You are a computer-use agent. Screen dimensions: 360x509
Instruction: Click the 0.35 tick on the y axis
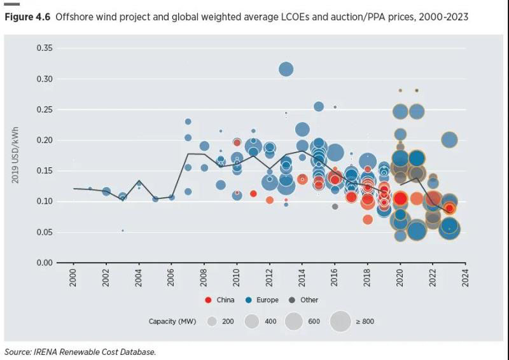pyautogui.click(x=43, y=48)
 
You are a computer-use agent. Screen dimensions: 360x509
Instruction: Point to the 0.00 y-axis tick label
pyautogui.click(x=43, y=263)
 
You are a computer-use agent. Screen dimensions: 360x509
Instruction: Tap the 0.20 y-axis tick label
pyautogui.click(x=43, y=140)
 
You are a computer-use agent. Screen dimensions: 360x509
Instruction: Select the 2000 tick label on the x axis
pyautogui.click(x=73, y=278)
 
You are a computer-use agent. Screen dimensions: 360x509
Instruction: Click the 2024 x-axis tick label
pyautogui.click(x=465, y=278)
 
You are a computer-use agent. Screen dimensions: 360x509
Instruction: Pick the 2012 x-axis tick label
pyautogui.click(x=269, y=278)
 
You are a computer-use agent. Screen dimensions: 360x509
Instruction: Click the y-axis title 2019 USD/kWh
pyautogui.click(x=15, y=156)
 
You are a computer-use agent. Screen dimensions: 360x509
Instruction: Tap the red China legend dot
pyautogui.click(x=208, y=300)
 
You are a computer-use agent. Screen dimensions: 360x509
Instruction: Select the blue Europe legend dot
pyautogui.click(x=249, y=300)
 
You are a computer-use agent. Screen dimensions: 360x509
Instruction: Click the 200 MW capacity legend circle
pyautogui.click(x=212, y=321)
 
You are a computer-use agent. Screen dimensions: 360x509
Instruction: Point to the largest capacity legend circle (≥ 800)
pyautogui.click(x=340, y=321)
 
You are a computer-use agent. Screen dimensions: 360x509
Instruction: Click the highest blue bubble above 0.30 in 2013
pyautogui.click(x=286, y=69)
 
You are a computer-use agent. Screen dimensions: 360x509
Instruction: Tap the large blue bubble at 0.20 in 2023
pyautogui.click(x=449, y=140)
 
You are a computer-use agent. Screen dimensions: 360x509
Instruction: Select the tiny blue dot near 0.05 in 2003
pyautogui.click(x=122, y=230)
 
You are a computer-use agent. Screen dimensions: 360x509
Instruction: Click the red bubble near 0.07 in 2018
pyautogui.click(x=368, y=219)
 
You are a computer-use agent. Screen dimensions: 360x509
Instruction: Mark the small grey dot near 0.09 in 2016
pyautogui.click(x=335, y=206)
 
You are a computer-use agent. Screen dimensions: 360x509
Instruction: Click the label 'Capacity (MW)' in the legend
pyautogui.click(x=171, y=322)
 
